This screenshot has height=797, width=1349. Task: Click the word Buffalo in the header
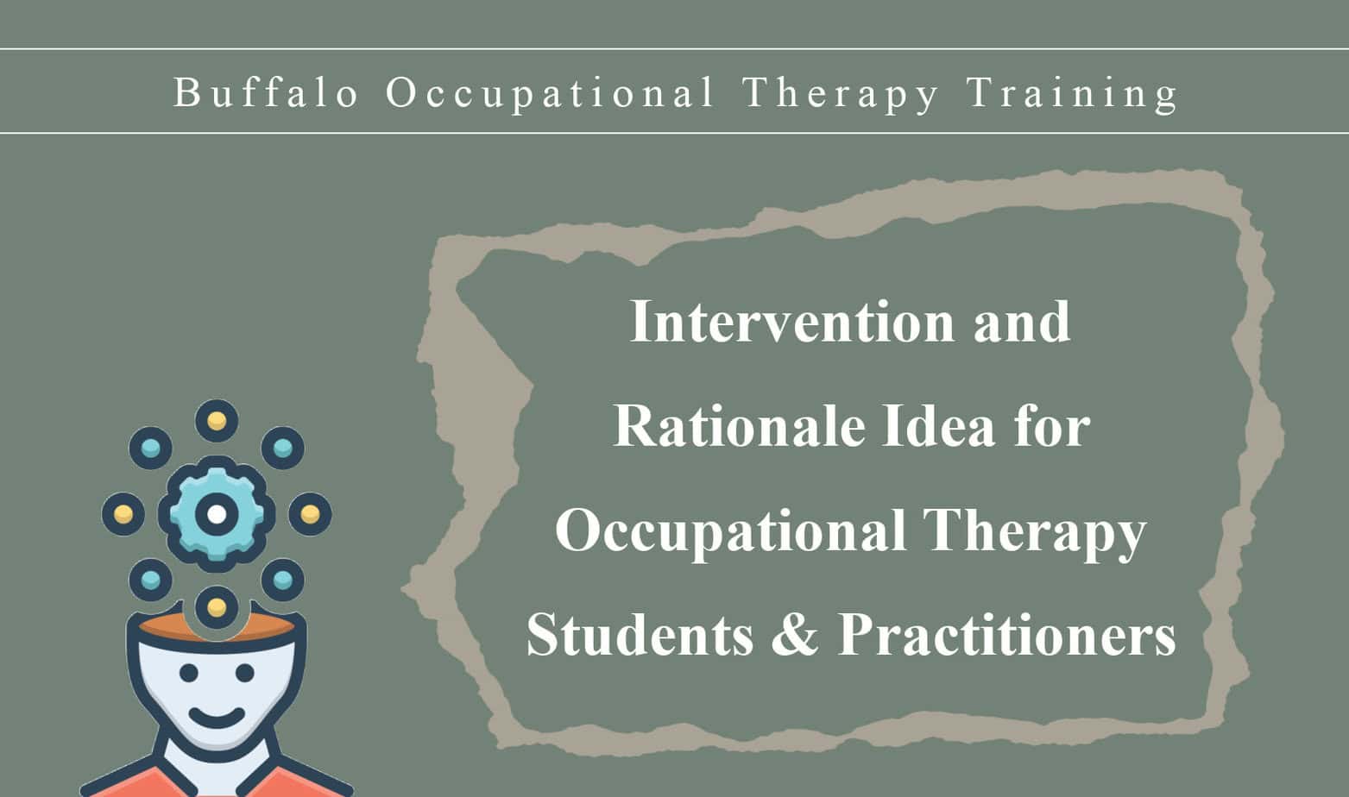click(x=266, y=92)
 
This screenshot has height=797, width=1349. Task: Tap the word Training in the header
click(x=1073, y=92)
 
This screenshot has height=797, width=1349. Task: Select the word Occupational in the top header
click(x=550, y=92)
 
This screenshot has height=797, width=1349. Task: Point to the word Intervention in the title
click(x=792, y=322)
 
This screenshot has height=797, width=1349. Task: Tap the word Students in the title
click(x=640, y=635)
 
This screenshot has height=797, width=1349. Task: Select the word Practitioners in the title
click(x=1006, y=635)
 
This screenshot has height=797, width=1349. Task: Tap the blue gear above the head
click(x=217, y=514)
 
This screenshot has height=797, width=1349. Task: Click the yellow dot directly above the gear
click(x=217, y=421)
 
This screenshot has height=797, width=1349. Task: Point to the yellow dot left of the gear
click(x=123, y=514)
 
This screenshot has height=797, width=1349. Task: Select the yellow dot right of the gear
click(x=310, y=514)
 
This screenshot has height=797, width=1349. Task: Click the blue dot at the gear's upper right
click(x=282, y=449)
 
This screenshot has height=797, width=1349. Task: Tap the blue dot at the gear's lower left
click(x=150, y=580)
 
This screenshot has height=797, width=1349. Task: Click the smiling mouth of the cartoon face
click(x=216, y=716)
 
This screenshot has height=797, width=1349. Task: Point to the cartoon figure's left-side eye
click(x=189, y=672)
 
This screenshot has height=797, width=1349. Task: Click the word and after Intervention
click(x=1022, y=322)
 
